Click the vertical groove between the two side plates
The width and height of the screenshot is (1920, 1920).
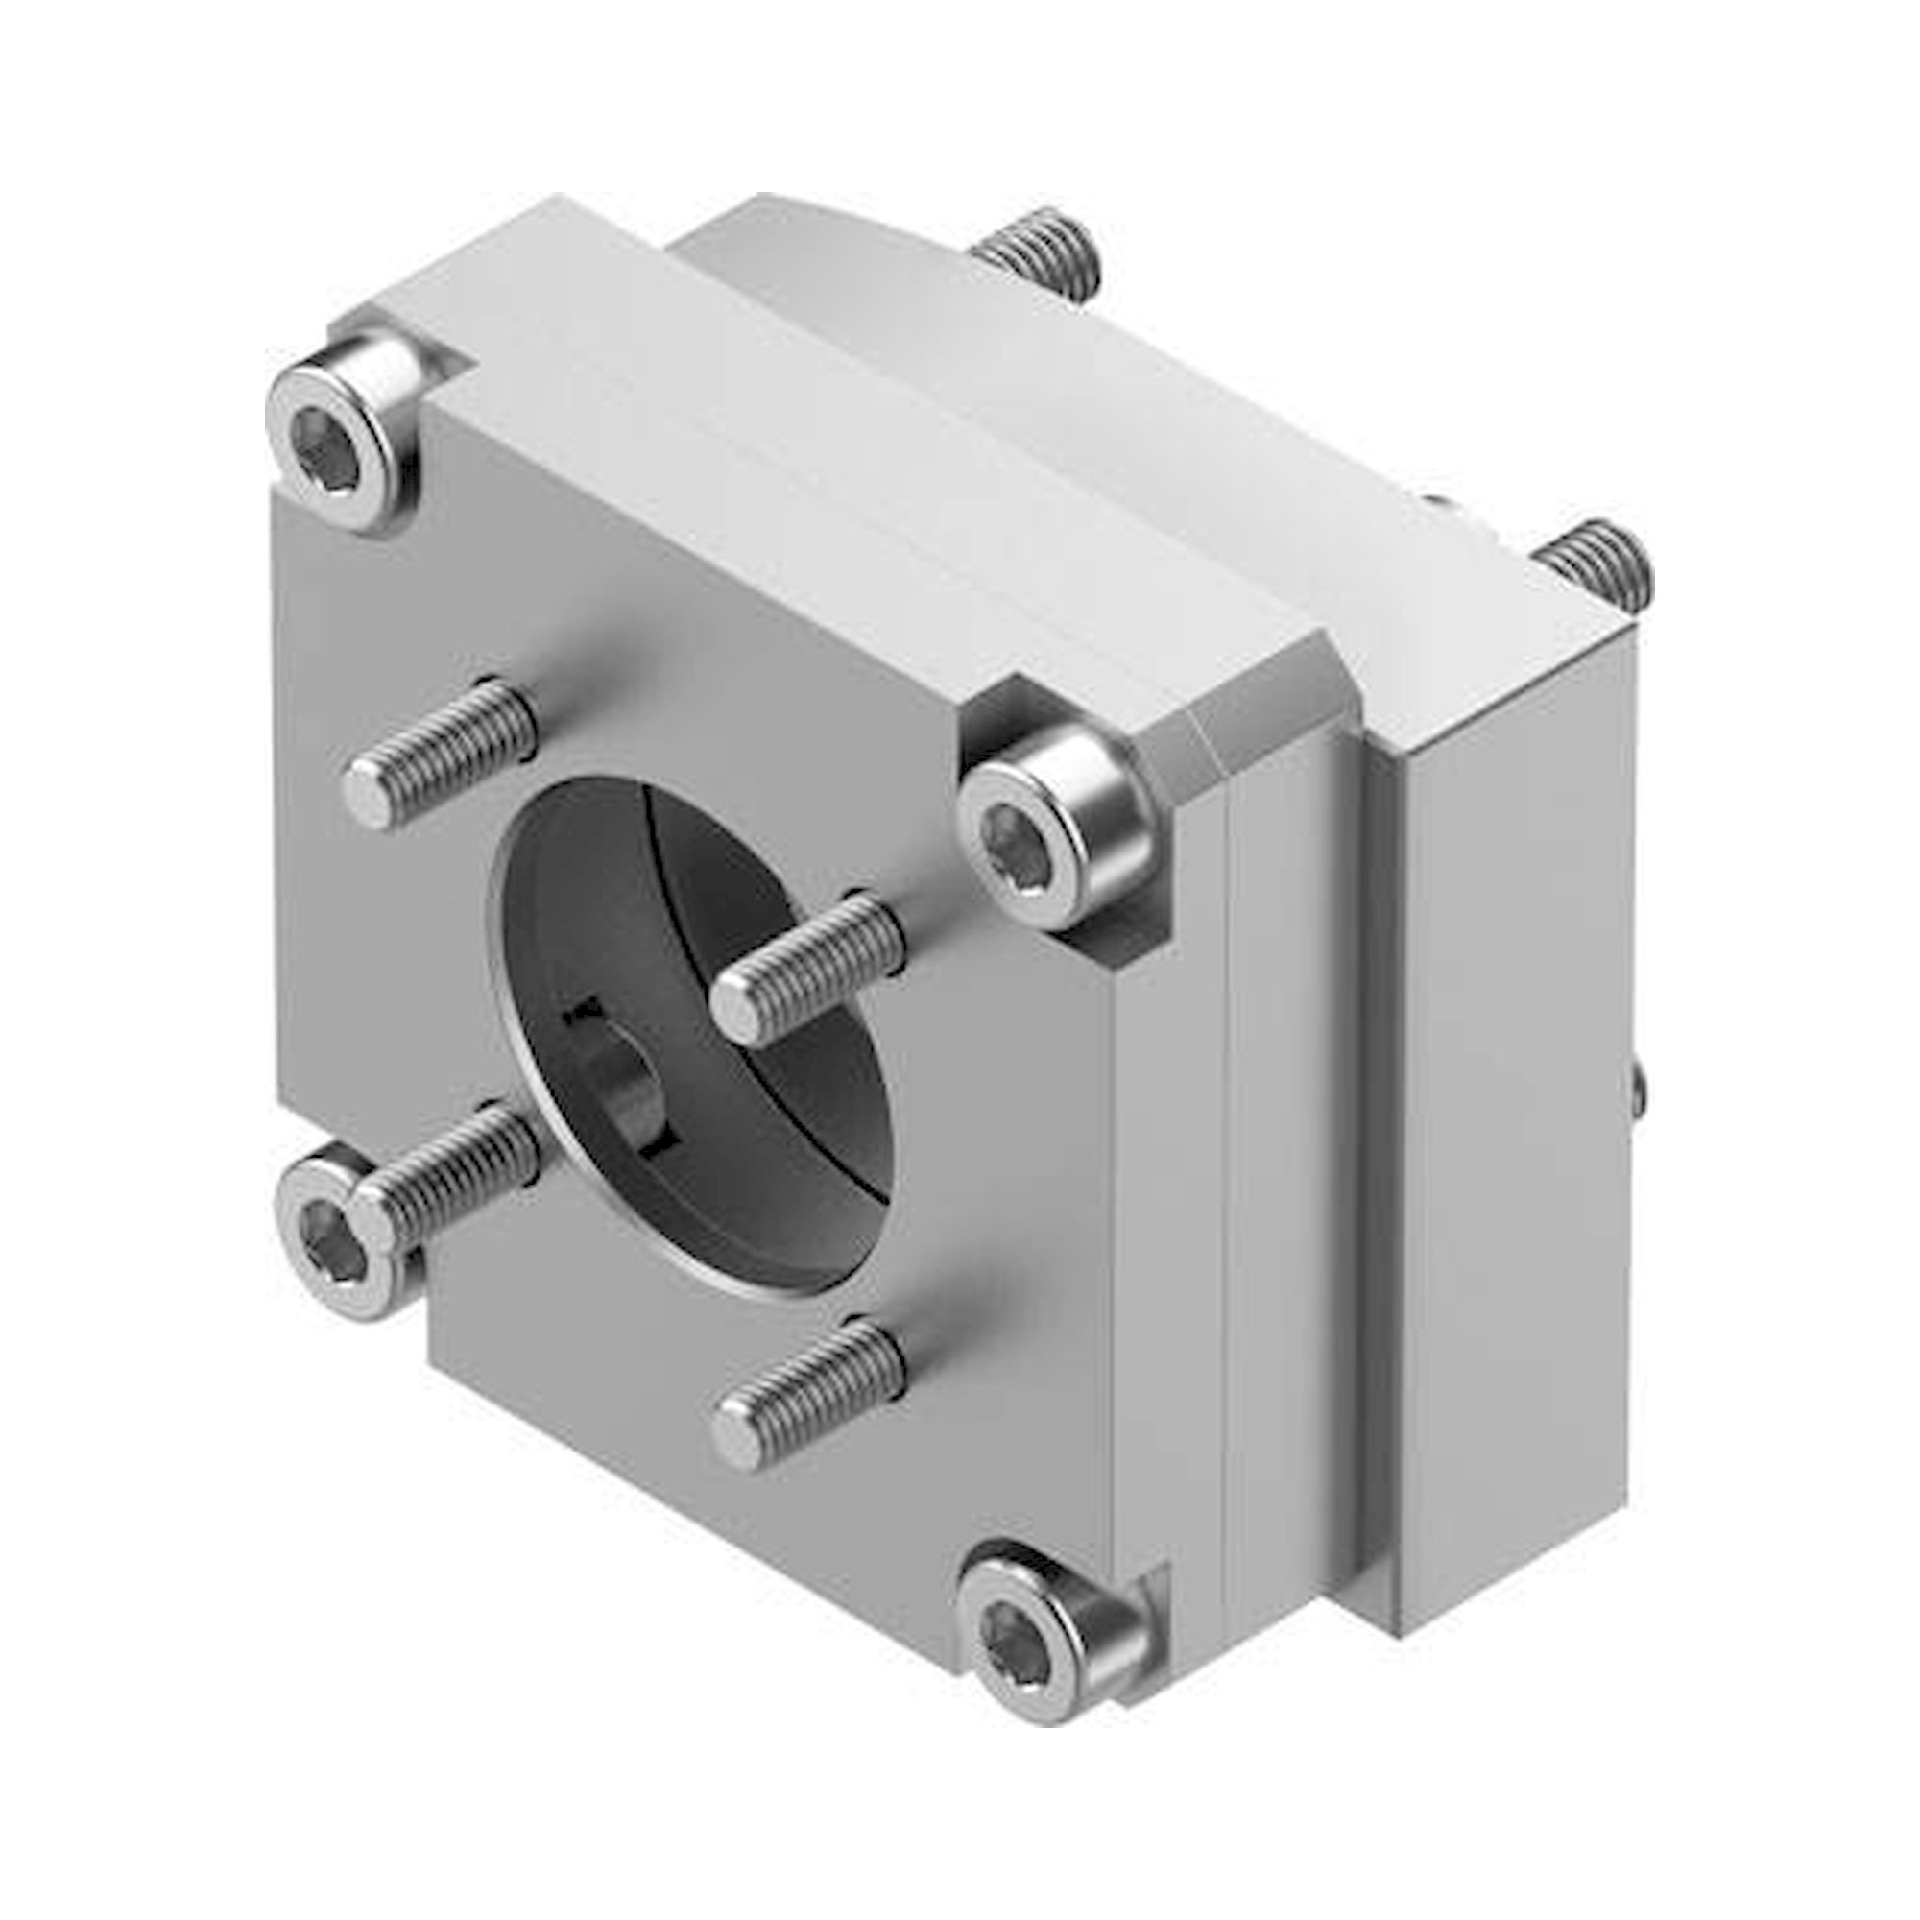click(1357, 1192)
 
